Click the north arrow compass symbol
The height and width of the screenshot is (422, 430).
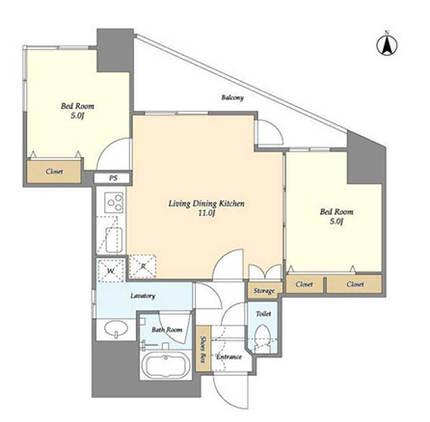pyautogui.click(x=387, y=43)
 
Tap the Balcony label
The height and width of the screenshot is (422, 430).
pyautogui.click(x=232, y=97)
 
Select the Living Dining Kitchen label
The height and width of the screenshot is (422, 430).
pyautogui.click(x=206, y=203)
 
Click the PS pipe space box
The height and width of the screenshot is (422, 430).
pyautogui.click(x=113, y=178)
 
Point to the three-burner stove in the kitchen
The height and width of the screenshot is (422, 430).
pyautogui.click(x=116, y=202)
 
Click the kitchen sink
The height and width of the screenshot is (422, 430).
pyautogui.click(x=114, y=240)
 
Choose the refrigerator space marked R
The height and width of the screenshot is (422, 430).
pyautogui.click(x=143, y=266)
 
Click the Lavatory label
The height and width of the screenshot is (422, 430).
pyautogui.click(x=143, y=296)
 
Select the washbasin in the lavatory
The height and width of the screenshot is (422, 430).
pyautogui.click(x=117, y=330)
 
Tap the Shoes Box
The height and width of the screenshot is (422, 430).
pyautogui.click(x=203, y=349)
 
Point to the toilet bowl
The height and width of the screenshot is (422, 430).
pyautogui.click(x=262, y=337)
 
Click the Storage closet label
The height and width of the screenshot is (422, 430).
pyautogui.click(x=264, y=291)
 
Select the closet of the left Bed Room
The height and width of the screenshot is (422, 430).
pyautogui.click(x=54, y=171)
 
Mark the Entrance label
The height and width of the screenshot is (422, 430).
pyautogui.click(x=228, y=356)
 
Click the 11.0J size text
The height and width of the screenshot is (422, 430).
pyautogui.click(x=206, y=213)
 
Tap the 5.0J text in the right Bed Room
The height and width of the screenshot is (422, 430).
pyautogui.click(x=336, y=221)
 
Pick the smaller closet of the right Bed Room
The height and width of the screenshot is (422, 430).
pyautogui.click(x=305, y=284)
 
